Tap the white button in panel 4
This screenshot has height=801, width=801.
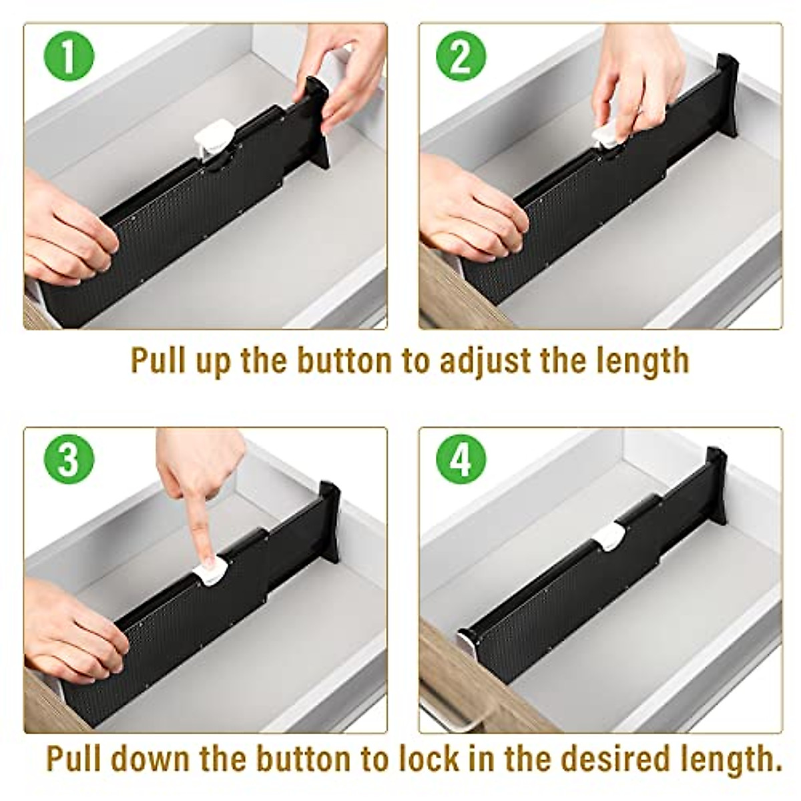coord(609,537)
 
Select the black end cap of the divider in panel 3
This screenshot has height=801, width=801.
coord(329,521)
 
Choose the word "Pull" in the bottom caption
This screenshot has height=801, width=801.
coord(73,760)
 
